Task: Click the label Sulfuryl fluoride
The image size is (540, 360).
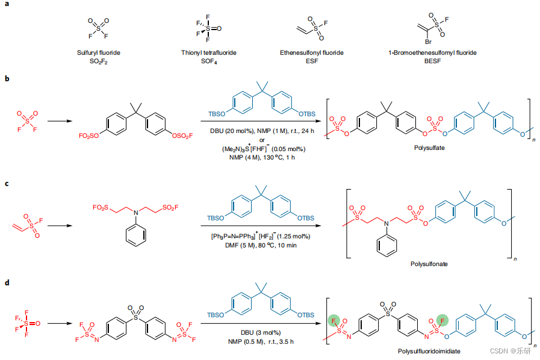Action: click(x=96, y=53)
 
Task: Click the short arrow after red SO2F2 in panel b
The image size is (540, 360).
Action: click(x=57, y=120)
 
